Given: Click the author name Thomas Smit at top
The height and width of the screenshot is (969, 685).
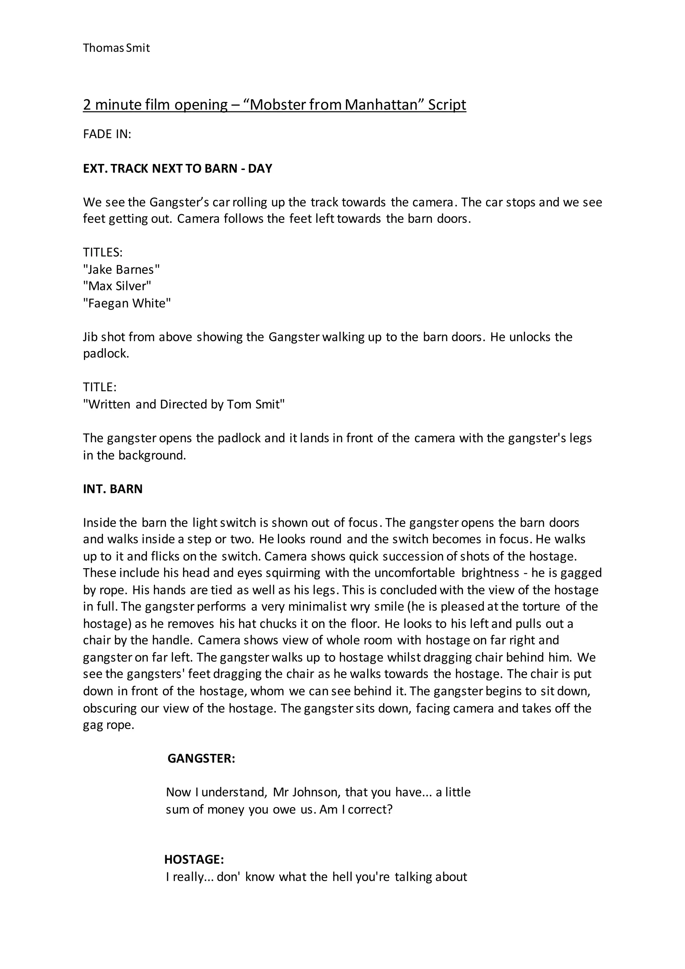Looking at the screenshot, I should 116,48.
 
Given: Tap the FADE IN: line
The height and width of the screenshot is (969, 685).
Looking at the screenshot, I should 107,134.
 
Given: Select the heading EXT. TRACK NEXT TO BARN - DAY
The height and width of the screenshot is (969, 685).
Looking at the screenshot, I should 178,168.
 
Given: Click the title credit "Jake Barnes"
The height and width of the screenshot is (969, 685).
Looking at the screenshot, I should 121,269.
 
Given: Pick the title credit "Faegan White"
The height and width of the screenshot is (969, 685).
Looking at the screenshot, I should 127,303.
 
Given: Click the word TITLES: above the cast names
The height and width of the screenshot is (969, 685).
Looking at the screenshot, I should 102,252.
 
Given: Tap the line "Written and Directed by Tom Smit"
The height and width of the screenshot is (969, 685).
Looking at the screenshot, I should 184,404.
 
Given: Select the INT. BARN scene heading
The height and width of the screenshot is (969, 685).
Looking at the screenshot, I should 113,489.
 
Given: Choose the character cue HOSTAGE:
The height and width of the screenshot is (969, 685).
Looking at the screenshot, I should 194,859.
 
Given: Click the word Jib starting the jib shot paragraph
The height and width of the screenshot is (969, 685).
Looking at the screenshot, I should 90,337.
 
